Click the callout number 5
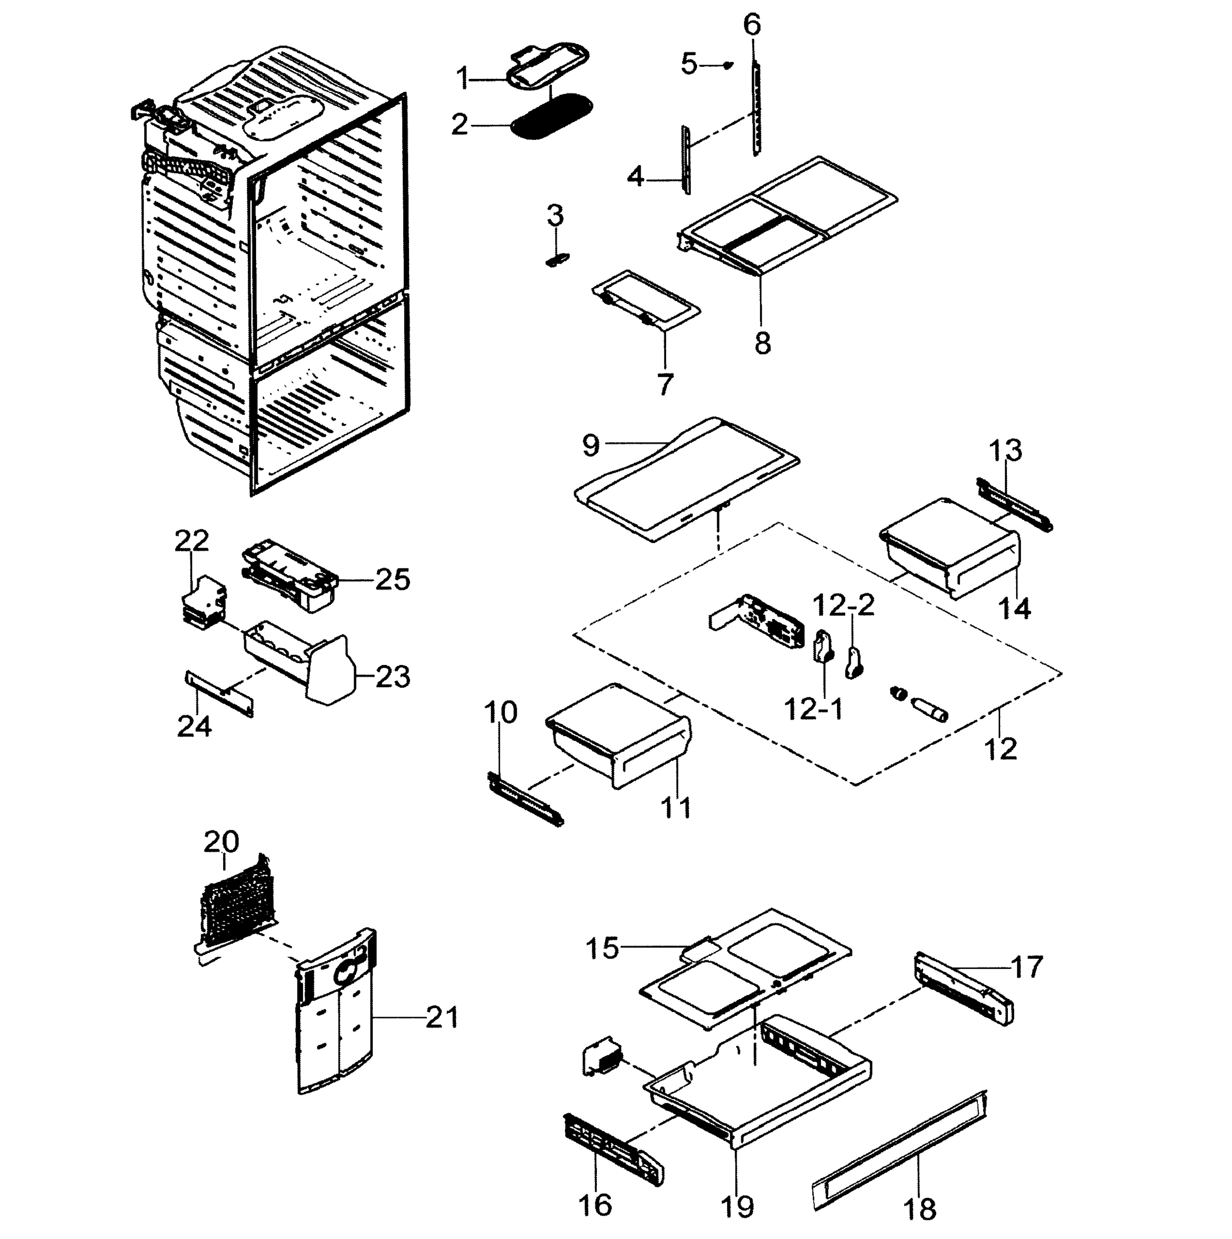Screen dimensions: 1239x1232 coord(688,64)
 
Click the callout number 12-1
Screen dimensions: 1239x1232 coord(813,709)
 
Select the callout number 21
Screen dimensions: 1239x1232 coord(443,1018)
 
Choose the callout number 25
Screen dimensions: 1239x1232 coord(392,580)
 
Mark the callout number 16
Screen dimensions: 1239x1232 coord(594,1205)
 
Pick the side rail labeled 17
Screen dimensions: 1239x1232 coord(964,989)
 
